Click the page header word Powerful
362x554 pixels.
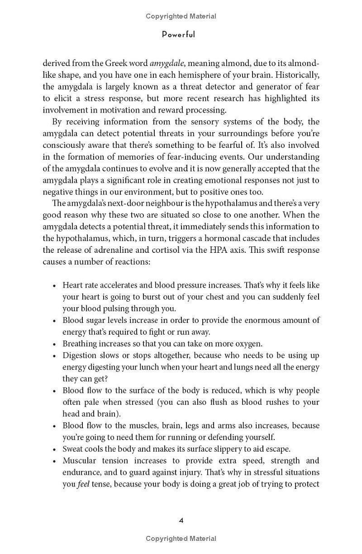pos(178,35)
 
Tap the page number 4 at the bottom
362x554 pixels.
pos(181,521)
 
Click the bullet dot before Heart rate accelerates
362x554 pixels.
pos(54,286)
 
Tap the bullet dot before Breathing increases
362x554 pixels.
pos(54,344)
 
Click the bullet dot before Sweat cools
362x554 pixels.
pos(54,450)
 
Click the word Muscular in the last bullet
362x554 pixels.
pos(79,461)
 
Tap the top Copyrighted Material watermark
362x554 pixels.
pos(181,16)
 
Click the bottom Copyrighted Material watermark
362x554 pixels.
pos(181,538)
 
